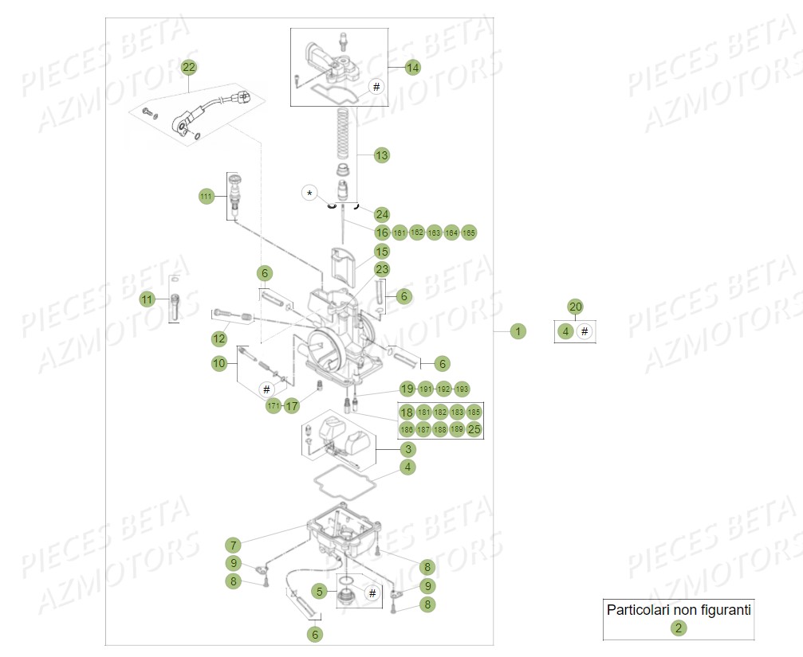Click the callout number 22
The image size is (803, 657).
pyautogui.click(x=188, y=68)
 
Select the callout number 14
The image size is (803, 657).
pyautogui.click(x=412, y=68)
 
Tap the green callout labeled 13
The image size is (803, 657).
pyautogui.click(x=382, y=155)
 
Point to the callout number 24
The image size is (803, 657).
pyautogui.click(x=382, y=214)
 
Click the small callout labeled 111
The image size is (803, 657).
pyautogui.click(x=207, y=196)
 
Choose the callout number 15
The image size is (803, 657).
pyautogui.click(x=382, y=251)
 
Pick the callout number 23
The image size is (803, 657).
pyautogui.click(x=382, y=270)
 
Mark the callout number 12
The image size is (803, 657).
pyautogui.click(x=219, y=339)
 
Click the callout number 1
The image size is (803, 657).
pyautogui.click(x=518, y=331)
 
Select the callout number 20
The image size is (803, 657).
pyautogui.click(x=575, y=307)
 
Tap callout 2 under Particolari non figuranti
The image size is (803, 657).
pyautogui.click(x=678, y=628)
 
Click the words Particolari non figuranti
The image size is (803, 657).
pyautogui.click(x=679, y=610)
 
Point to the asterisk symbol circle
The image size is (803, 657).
pyautogui.click(x=310, y=193)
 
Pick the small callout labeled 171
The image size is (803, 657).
pyautogui.click(x=274, y=406)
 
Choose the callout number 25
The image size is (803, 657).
pyautogui.click(x=474, y=430)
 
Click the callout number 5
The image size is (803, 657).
pyautogui.click(x=320, y=592)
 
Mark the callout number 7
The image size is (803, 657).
pyautogui.click(x=232, y=546)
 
